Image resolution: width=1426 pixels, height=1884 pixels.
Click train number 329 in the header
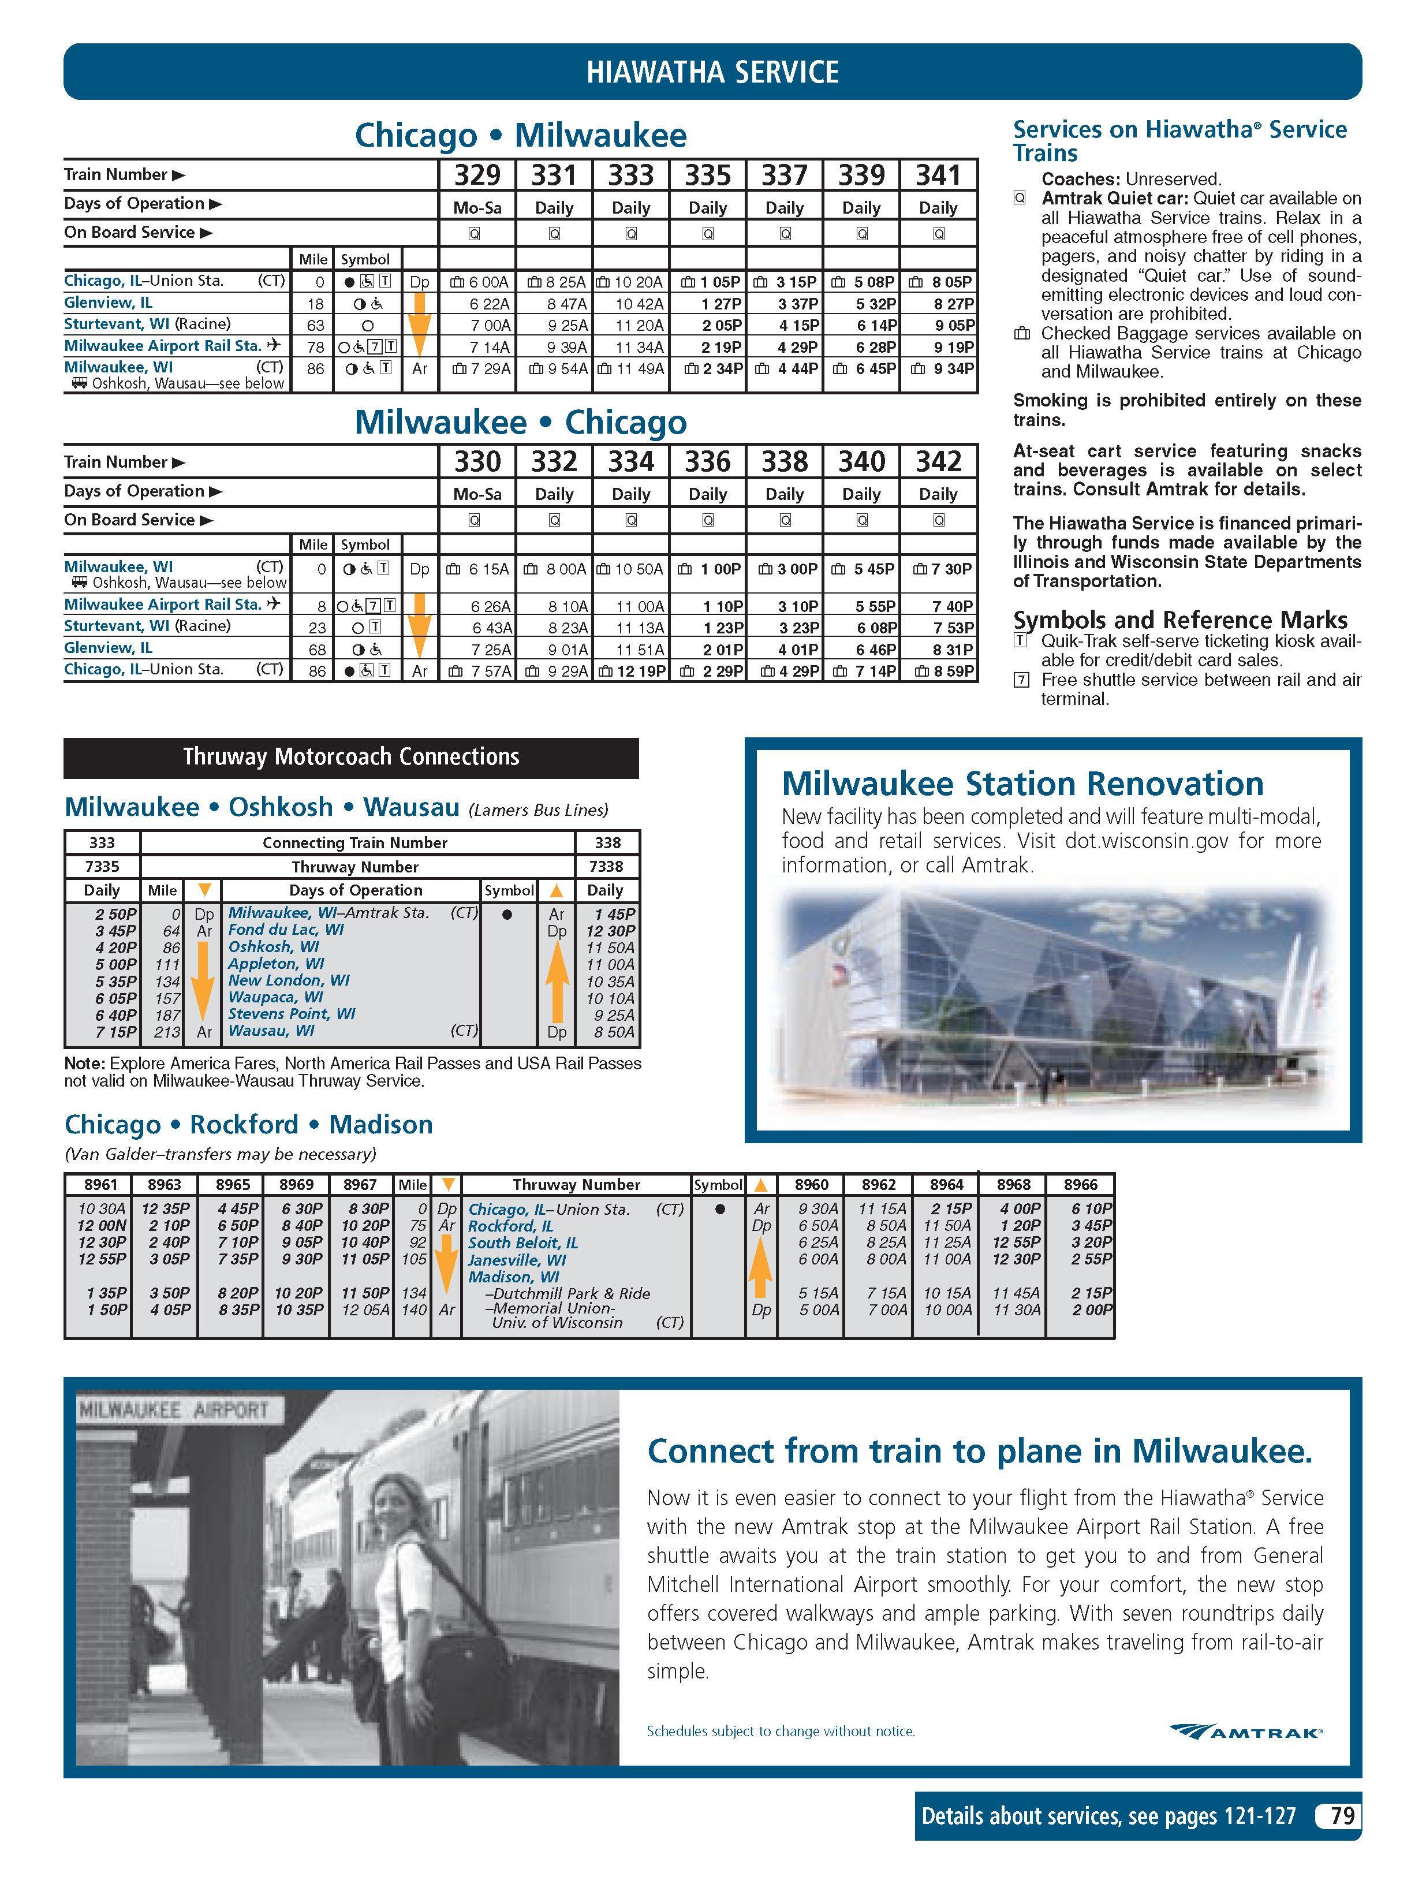(477, 176)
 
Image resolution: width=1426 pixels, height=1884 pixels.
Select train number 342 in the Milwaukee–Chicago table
(938, 462)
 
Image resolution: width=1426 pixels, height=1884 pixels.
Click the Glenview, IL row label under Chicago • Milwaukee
(108, 303)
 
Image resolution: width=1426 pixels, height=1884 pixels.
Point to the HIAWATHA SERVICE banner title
(712, 72)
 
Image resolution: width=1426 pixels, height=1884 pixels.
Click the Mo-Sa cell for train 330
(477, 494)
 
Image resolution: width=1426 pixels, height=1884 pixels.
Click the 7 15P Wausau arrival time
(116, 1031)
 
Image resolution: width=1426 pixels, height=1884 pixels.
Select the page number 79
(1342, 1816)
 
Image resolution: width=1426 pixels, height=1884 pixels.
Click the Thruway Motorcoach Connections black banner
(351, 757)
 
